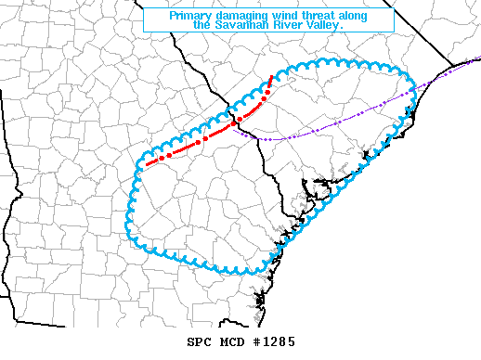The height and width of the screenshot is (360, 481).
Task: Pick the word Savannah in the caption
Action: pos(244,26)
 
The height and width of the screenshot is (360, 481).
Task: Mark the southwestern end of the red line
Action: pos(146,166)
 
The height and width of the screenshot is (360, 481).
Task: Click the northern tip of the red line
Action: pos(271,76)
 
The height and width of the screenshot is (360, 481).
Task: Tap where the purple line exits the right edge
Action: pos(478,63)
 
